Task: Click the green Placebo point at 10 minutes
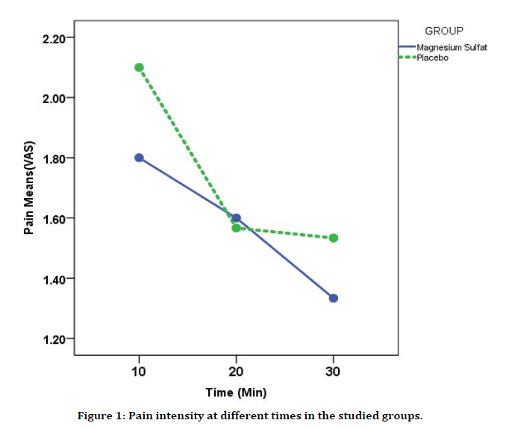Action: coord(139,67)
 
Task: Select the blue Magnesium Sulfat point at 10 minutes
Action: coord(139,158)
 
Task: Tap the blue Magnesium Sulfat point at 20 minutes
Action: coord(236,218)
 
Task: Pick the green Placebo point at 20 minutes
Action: coord(236,227)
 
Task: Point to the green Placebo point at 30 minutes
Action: coord(334,238)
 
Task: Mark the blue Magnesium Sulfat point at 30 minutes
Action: coord(334,298)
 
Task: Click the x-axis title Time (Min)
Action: coord(236,392)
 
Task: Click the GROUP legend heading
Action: coord(444,31)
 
